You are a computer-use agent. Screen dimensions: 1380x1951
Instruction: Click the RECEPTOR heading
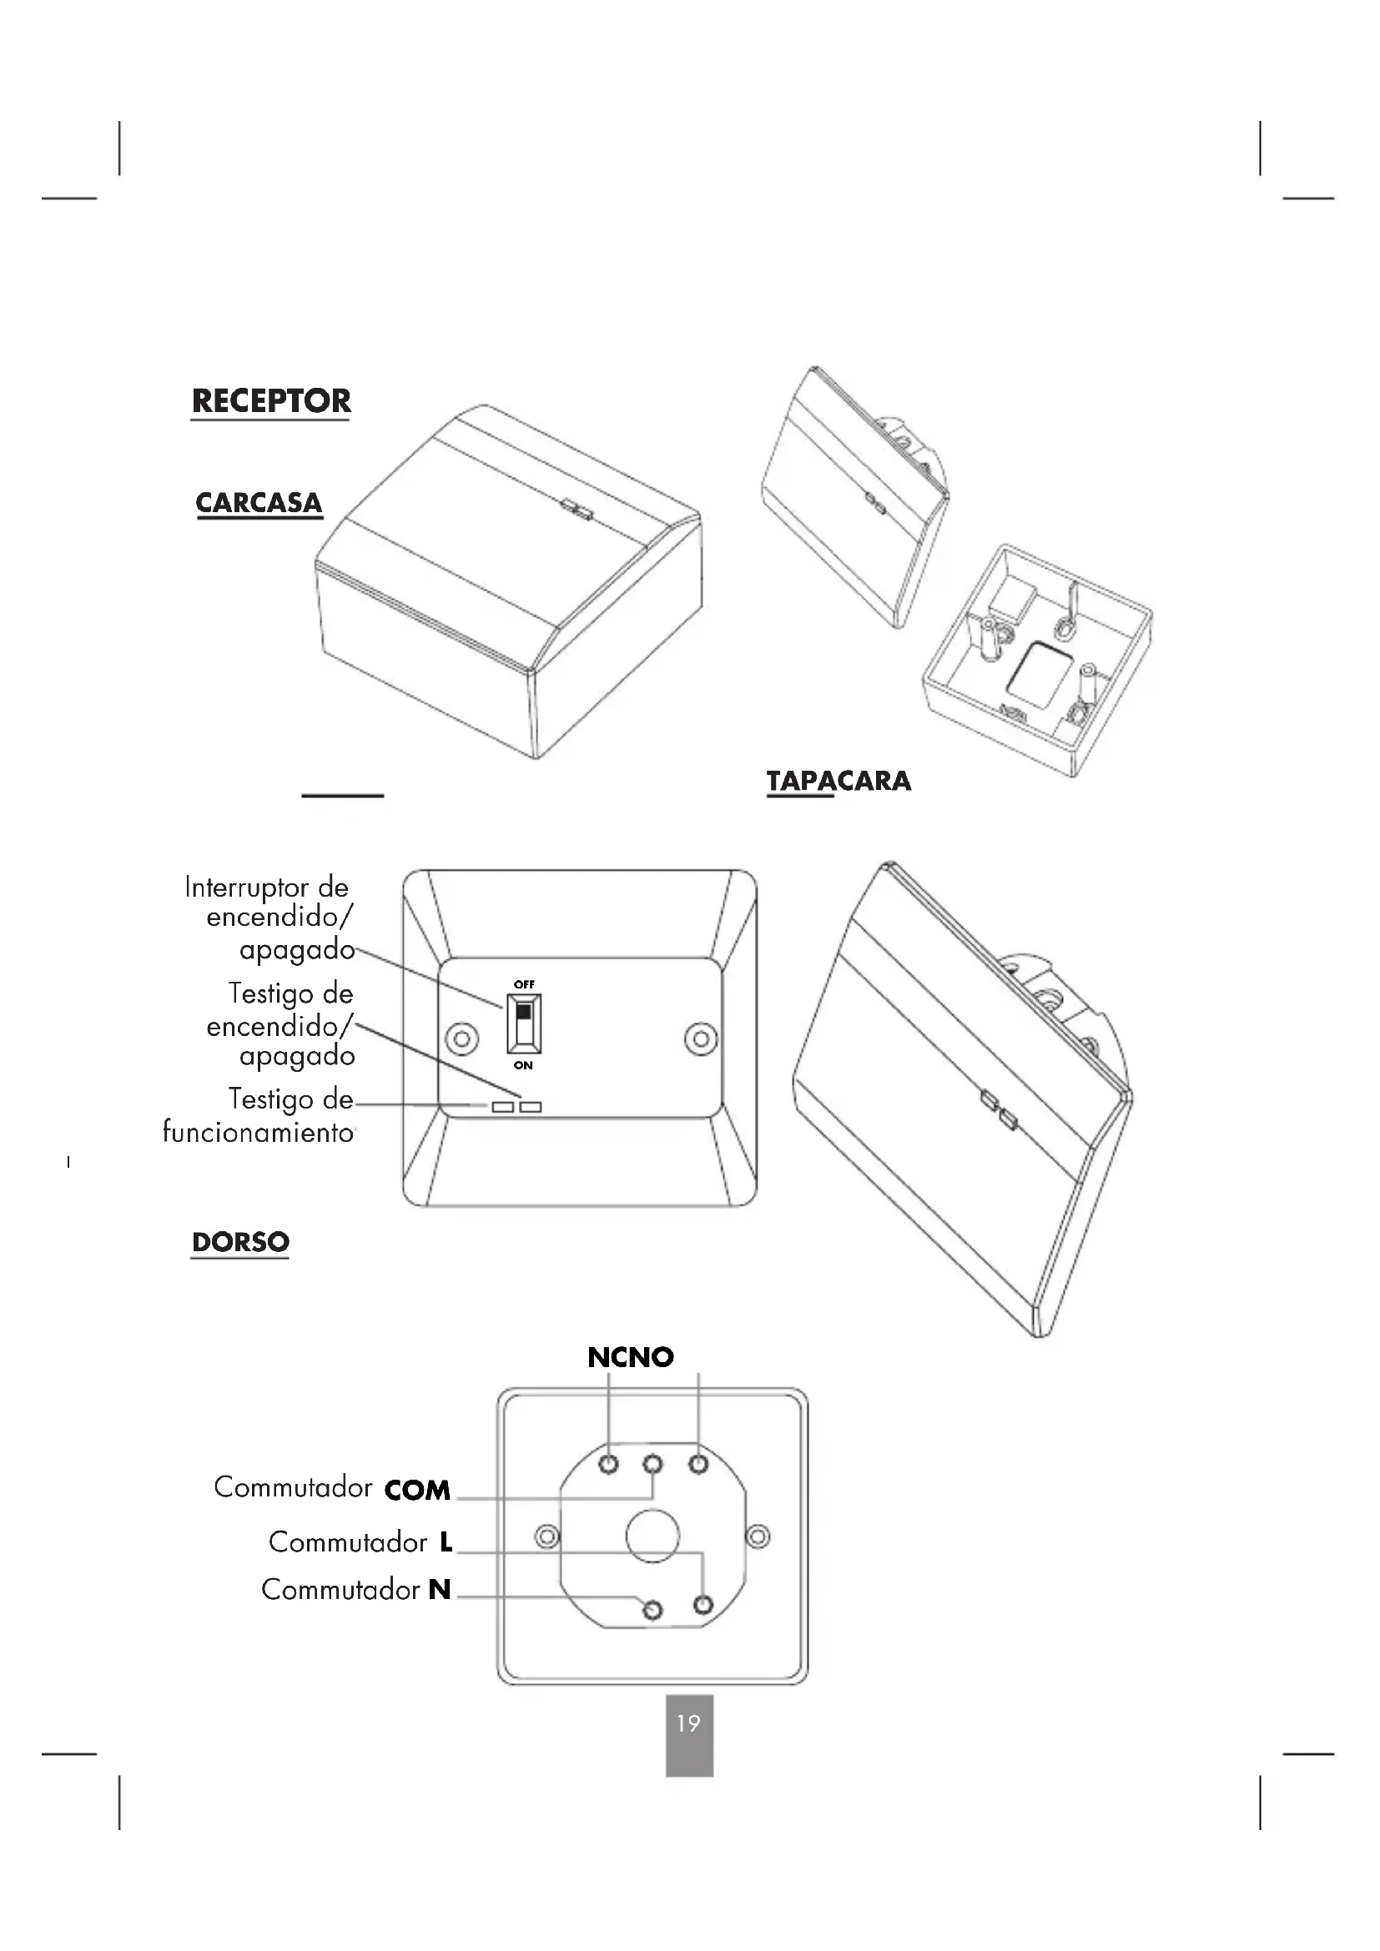coord(271,400)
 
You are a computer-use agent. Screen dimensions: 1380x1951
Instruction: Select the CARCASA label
coord(259,502)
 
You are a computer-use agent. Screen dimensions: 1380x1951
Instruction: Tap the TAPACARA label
coord(839,781)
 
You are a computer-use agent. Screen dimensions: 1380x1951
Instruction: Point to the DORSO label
coord(240,1242)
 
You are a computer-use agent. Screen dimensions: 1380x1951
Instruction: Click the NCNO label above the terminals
coord(631,1358)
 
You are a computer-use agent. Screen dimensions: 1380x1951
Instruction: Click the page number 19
coord(688,1722)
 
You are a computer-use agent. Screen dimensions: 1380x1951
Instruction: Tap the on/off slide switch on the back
coord(523,1023)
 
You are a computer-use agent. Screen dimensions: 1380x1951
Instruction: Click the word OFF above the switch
coord(524,984)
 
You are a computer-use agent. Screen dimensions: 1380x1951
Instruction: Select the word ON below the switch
coord(523,1065)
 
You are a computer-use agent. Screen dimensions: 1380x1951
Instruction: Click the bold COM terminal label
coord(417,1491)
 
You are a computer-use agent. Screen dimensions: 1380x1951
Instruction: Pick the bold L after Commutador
coord(446,1542)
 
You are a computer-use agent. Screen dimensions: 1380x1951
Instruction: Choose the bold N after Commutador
coord(440,1589)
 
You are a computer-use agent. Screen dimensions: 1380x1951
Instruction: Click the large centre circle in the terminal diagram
coord(652,1536)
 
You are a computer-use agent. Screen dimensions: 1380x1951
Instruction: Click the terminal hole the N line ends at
coord(652,1609)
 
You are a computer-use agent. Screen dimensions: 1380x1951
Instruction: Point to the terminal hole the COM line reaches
coord(652,1465)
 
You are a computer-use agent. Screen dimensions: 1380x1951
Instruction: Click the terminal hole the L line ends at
coord(703,1604)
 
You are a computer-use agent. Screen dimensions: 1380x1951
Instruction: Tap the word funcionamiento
coord(259,1133)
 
